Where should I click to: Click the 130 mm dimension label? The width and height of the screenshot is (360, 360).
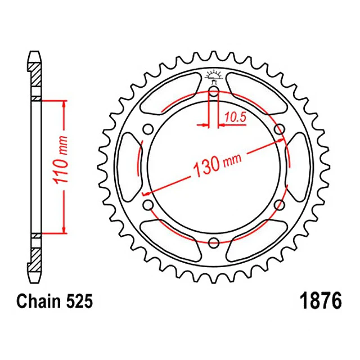pyautogui.click(x=217, y=165)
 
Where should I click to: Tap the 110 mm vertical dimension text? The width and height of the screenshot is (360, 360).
pyautogui.click(x=61, y=160)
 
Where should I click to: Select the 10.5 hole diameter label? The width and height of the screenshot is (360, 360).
pyautogui.click(x=235, y=118)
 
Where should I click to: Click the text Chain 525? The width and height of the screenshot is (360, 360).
pyautogui.click(x=55, y=301)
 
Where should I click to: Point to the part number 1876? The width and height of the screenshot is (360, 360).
pyautogui.click(x=321, y=301)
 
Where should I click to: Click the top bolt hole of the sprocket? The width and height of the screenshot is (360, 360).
pyautogui.click(x=214, y=91)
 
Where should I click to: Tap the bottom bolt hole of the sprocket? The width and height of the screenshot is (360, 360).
pyautogui.click(x=214, y=242)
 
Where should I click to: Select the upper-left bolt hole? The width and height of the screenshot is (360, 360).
pyautogui.click(x=148, y=129)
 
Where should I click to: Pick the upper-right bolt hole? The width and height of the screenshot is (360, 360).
pyautogui.click(x=280, y=129)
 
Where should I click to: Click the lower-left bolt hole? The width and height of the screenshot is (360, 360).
pyautogui.click(x=148, y=204)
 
